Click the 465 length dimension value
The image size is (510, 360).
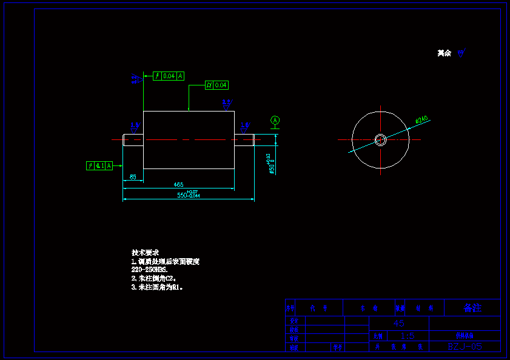pos(178,184)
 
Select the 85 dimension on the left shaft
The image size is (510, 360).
pos(132,178)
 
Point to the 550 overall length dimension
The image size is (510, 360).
pos(188,195)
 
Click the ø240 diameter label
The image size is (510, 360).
pos(421,120)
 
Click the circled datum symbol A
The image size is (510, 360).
pos(275,121)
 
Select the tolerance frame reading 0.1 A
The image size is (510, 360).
pos(99,165)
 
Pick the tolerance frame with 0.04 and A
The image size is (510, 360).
pos(169,76)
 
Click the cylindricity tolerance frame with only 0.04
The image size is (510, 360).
pos(216,85)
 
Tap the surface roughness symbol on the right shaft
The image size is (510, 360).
pos(245,127)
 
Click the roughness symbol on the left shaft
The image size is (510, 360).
pos(135,126)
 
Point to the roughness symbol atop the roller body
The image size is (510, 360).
pos(226,104)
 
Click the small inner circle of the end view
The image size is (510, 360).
pos(380,139)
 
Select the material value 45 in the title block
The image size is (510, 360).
pos(398,324)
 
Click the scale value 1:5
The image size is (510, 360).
pos(408,336)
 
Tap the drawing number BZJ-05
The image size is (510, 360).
pos(465,347)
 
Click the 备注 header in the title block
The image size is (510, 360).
pos(472,308)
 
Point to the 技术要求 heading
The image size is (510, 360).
pos(145,252)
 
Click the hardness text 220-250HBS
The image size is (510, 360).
pos(149,269)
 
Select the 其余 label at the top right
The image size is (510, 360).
pos(445,53)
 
